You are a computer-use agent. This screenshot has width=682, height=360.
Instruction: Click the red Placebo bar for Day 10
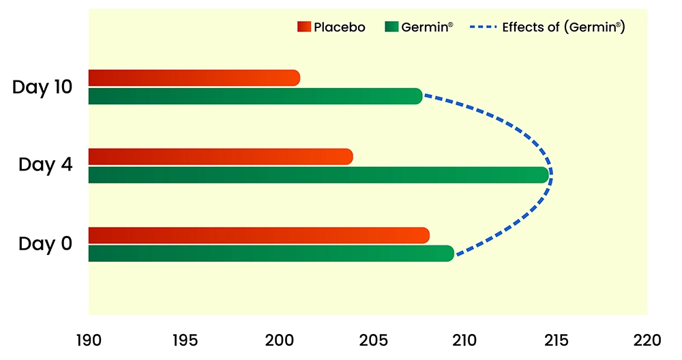(x=194, y=78)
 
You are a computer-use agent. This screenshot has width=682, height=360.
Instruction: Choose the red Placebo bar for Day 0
(x=258, y=235)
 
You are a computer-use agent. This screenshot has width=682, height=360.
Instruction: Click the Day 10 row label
(x=42, y=87)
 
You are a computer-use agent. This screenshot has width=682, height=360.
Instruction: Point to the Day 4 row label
(x=46, y=165)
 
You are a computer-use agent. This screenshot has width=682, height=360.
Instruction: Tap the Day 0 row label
(x=46, y=243)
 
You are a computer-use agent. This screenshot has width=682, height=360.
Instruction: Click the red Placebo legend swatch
(x=303, y=27)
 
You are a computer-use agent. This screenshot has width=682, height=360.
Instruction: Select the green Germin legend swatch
(x=391, y=27)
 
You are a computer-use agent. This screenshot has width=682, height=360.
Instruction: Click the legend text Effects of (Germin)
(x=563, y=27)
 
